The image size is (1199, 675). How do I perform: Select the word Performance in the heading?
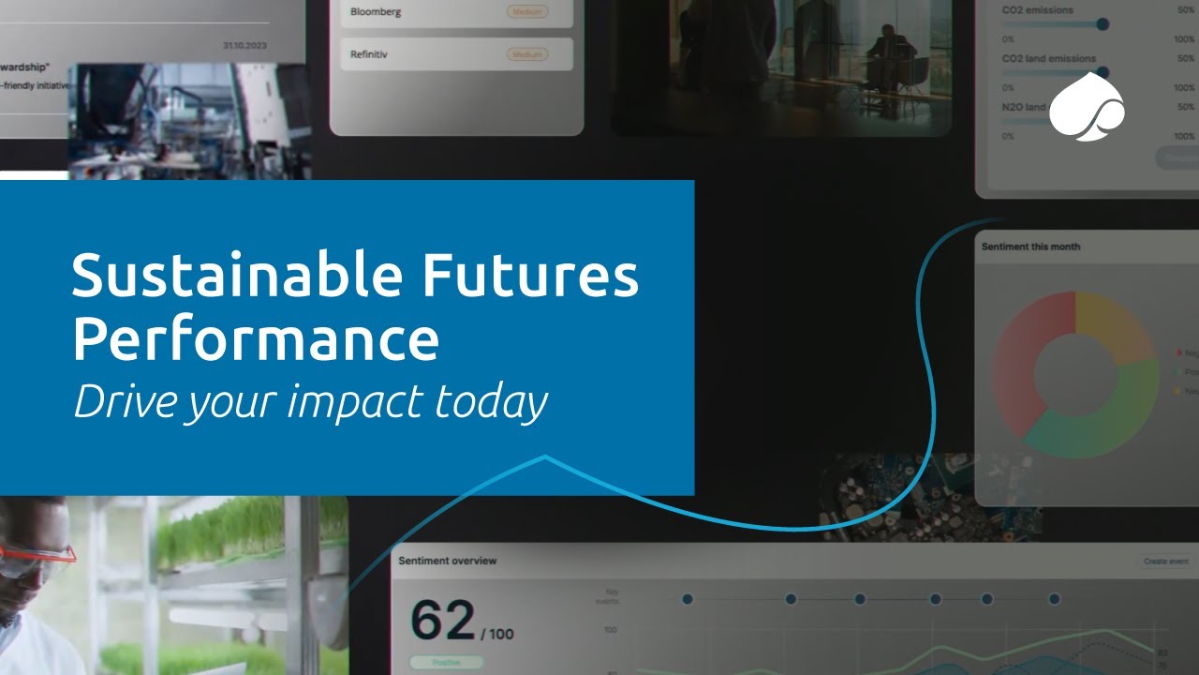[255, 339]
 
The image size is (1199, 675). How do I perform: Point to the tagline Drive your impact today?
[310, 401]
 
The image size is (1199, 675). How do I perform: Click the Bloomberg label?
[376, 12]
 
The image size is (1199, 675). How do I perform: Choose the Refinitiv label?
[369, 54]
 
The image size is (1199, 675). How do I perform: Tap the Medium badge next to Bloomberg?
[527, 12]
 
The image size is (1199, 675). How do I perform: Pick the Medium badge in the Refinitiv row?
[527, 54]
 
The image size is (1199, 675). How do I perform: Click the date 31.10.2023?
[244, 45]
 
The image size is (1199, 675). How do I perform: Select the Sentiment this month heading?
[1030, 247]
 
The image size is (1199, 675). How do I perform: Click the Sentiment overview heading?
[448, 561]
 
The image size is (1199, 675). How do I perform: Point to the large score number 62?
[443, 621]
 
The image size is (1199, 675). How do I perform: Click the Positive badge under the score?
[446, 662]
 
